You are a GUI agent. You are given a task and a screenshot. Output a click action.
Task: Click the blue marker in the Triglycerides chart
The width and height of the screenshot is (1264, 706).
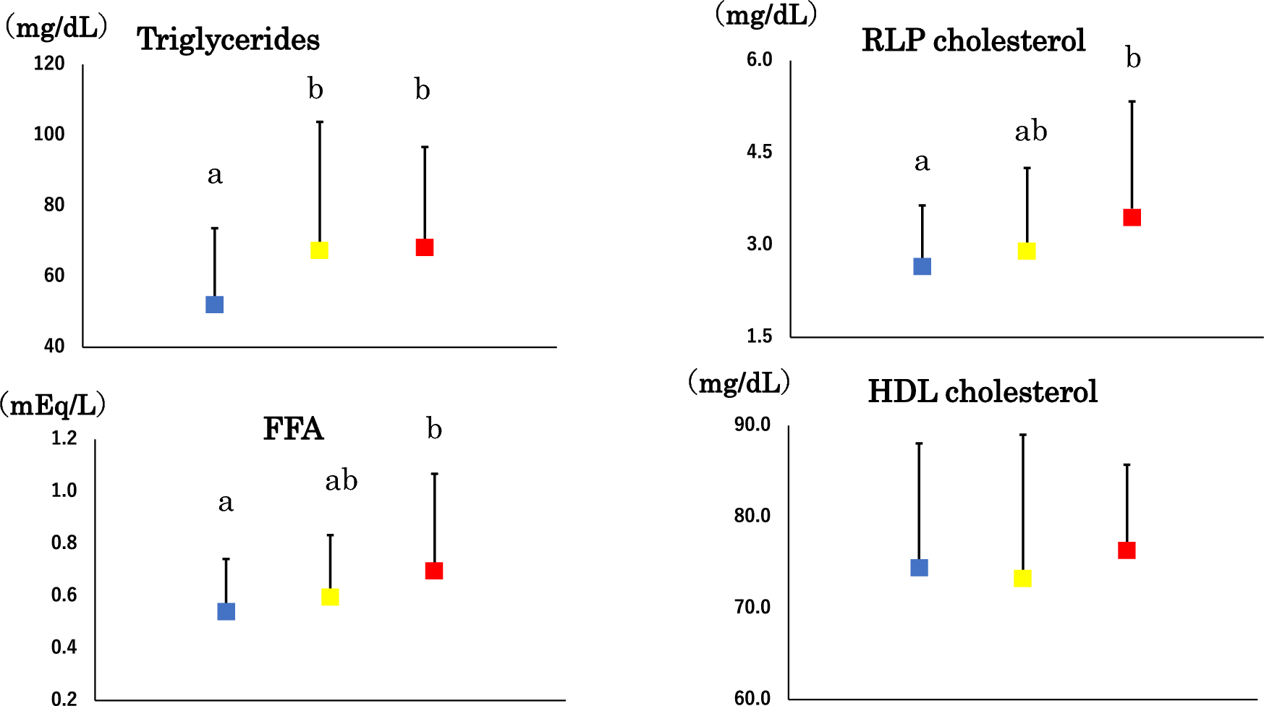pyautogui.click(x=214, y=305)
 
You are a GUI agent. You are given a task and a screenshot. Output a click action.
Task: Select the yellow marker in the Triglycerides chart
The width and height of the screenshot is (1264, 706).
pyautogui.click(x=319, y=250)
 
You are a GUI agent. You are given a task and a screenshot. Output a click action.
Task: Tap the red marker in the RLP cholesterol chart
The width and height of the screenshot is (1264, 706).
pyautogui.click(x=1132, y=218)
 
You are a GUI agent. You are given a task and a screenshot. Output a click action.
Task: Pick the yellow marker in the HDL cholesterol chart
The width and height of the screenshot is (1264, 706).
pyautogui.click(x=1022, y=578)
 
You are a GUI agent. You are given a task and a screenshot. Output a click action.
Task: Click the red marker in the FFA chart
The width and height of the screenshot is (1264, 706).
pyautogui.click(x=434, y=571)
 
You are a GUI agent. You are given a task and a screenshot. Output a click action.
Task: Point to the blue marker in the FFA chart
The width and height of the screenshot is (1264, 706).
pyautogui.click(x=226, y=612)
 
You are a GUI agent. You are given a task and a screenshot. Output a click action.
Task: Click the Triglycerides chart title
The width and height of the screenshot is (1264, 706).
pyautogui.click(x=228, y=39)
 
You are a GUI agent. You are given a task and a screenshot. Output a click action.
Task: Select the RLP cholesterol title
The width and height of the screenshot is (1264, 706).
pyautogui.click(x=973, y=41)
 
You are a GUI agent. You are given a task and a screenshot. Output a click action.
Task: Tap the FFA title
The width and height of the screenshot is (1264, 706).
pyautogui.click(x=293, y=429)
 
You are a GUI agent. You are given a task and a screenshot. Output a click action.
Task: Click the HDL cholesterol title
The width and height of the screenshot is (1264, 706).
pyautogui.click(x=983, y=392)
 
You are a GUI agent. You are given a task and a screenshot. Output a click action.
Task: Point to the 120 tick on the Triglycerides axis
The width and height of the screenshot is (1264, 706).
pyautogui.click(x=49, y=64)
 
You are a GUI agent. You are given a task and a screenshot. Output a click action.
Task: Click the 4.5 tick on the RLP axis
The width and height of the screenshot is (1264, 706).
pyautogui.click(x=759, y=152)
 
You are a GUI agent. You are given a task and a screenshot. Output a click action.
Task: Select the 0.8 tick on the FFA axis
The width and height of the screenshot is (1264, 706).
pyautogui.click(x=64, y=543)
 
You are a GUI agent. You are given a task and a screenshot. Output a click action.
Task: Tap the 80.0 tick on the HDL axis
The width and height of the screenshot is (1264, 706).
pyautogui.click(x=752, y=516)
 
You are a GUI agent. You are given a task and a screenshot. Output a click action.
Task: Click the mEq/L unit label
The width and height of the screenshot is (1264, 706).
pyautogui.click(x=54, y=405)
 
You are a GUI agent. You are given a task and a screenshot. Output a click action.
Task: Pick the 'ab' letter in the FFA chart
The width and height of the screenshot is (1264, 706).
pyautogui.click(x=341, y=481)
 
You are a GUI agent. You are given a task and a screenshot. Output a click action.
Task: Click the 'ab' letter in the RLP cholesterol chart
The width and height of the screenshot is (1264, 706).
pyautogui.click(x=1030, y=132)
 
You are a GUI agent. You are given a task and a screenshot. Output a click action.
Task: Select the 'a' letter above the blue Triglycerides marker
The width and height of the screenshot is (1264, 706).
pyautogui.click(x=215, y=175)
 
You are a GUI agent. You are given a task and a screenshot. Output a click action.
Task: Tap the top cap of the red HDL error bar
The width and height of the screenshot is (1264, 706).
pyautogui.click(x=1127, y=465)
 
